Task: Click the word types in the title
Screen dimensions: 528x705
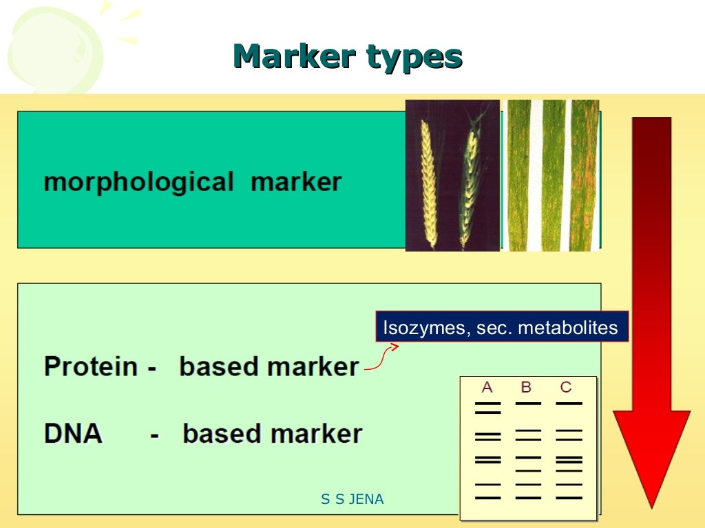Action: pos(414,58)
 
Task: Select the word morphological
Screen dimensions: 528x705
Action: pos(138,182)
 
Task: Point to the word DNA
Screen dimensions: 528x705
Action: pos(74,434)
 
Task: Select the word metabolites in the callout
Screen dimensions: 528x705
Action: pos(568,328)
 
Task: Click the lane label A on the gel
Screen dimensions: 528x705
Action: pos(487,387)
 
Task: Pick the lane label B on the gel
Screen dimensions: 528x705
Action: pos(527,387)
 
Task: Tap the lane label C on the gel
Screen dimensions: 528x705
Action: pos(566,387)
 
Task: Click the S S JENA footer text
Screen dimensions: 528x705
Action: pos(352,500)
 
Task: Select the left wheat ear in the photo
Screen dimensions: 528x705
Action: pos(429,182)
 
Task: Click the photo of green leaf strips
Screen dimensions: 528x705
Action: pos(552,175)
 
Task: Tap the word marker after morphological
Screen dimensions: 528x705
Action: pos(296,182)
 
